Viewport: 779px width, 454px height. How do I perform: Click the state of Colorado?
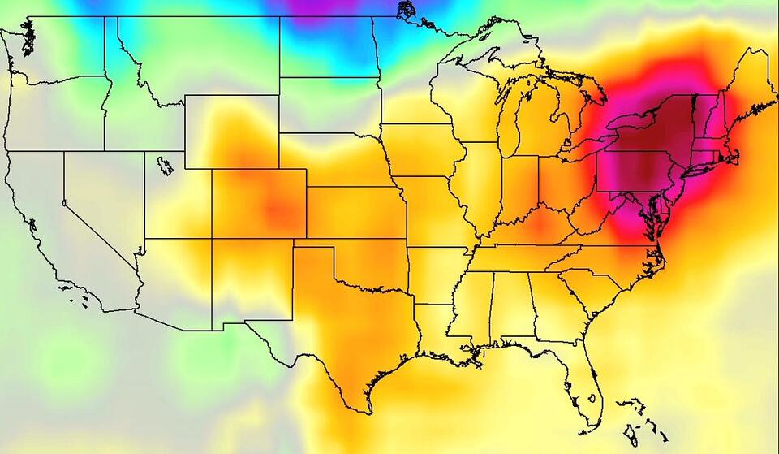coord(259,203)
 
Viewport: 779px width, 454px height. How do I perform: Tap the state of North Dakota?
coord(329,49)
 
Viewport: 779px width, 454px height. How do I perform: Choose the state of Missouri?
coord(434,211)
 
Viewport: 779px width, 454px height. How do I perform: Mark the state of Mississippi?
coord(469,313)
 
